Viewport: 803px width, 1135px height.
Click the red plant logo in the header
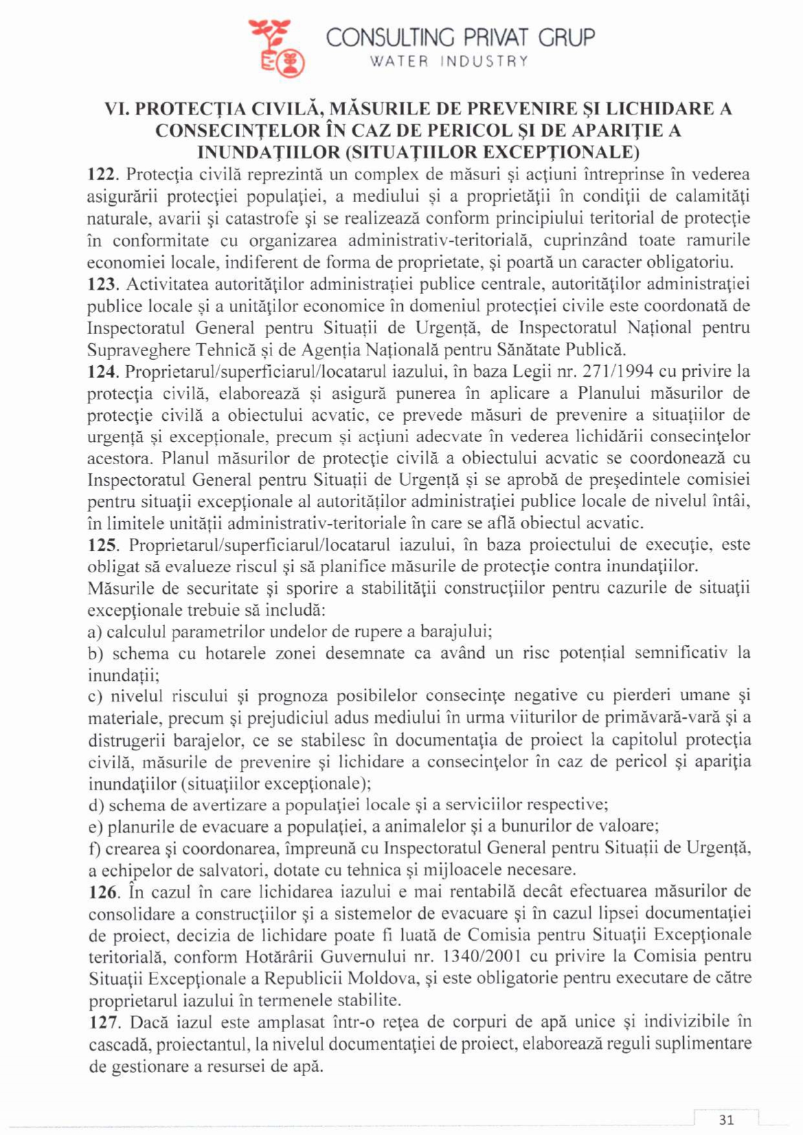click(x=277, y=47)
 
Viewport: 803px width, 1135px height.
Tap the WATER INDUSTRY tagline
click(x=449, y=62)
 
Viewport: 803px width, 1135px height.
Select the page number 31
click(x=726, y=1119)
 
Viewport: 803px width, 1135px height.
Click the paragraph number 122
click(x=102, y=175)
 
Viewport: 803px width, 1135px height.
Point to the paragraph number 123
click(x=102, y=284)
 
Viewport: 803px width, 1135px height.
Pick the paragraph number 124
click(x=102, y=372)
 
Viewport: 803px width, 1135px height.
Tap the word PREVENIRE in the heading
click(x=512, y=108)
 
